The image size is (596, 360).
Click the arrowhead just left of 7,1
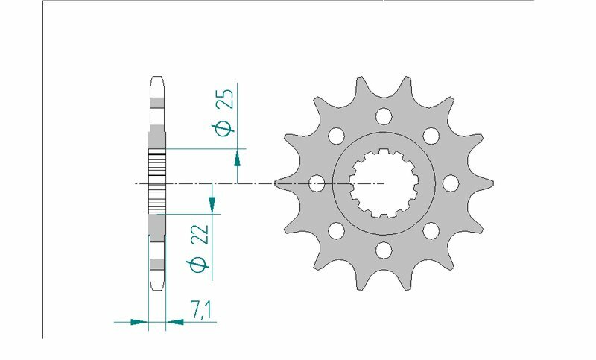click(x=174, y=323)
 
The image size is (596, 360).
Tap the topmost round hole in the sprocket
click(x=384, y=116)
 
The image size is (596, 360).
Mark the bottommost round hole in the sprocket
click(x=384, y=249)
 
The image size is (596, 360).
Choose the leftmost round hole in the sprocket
click(x=317, y=183)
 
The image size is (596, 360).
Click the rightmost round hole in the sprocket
click(x=450, y=183)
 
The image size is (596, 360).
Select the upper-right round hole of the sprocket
click(x=431, y=136)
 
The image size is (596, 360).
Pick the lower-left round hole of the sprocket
click(x=336, y=230)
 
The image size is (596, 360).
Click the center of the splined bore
click(x=384, y=183)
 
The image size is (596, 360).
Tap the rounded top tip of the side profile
click(x=157, y=79)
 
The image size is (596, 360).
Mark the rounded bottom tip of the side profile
click(x=157, y=287)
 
